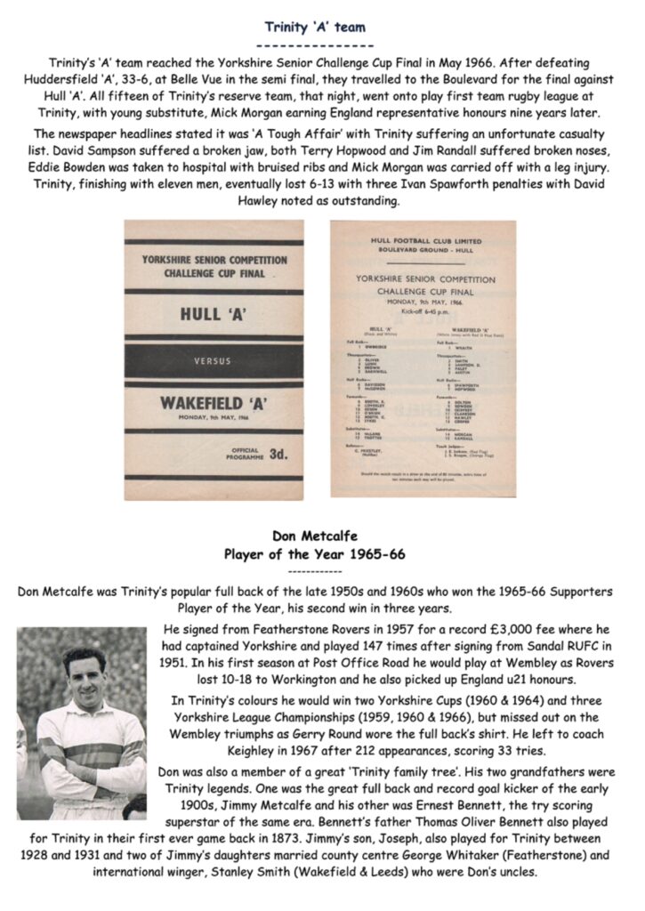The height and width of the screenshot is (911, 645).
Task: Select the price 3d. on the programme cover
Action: (278, 454)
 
